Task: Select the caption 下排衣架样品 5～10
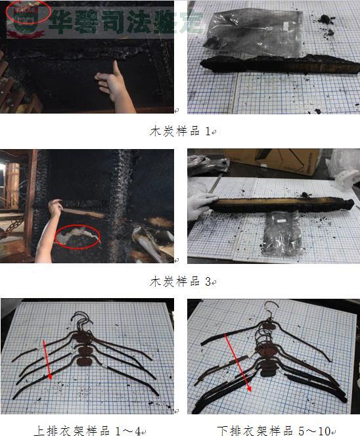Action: click(x=275, y=431)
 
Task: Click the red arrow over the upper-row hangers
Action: click(x=47, y=360)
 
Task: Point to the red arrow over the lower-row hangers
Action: click(x=238, y=363)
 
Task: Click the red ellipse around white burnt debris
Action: click(x=78, y=236)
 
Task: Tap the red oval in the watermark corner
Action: click(x=28, y=12)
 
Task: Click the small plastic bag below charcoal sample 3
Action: click(x=281, y=234)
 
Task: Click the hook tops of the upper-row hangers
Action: click(x=82, y=320)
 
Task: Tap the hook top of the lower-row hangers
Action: click(x=271, y=308)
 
